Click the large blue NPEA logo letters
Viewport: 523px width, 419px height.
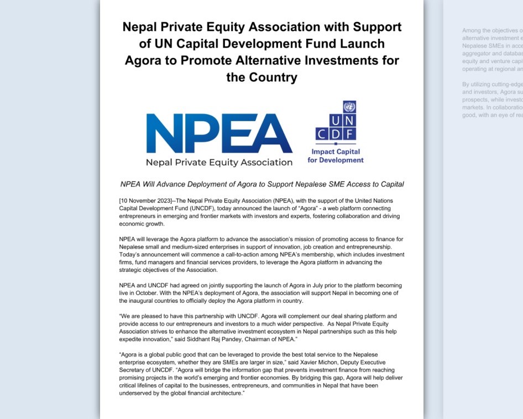coord(219,133)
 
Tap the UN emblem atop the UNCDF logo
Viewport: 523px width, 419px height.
coord(349,107)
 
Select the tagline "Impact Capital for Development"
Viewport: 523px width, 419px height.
coord(336,156)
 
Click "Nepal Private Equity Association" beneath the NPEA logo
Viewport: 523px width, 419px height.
coord(219,163)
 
